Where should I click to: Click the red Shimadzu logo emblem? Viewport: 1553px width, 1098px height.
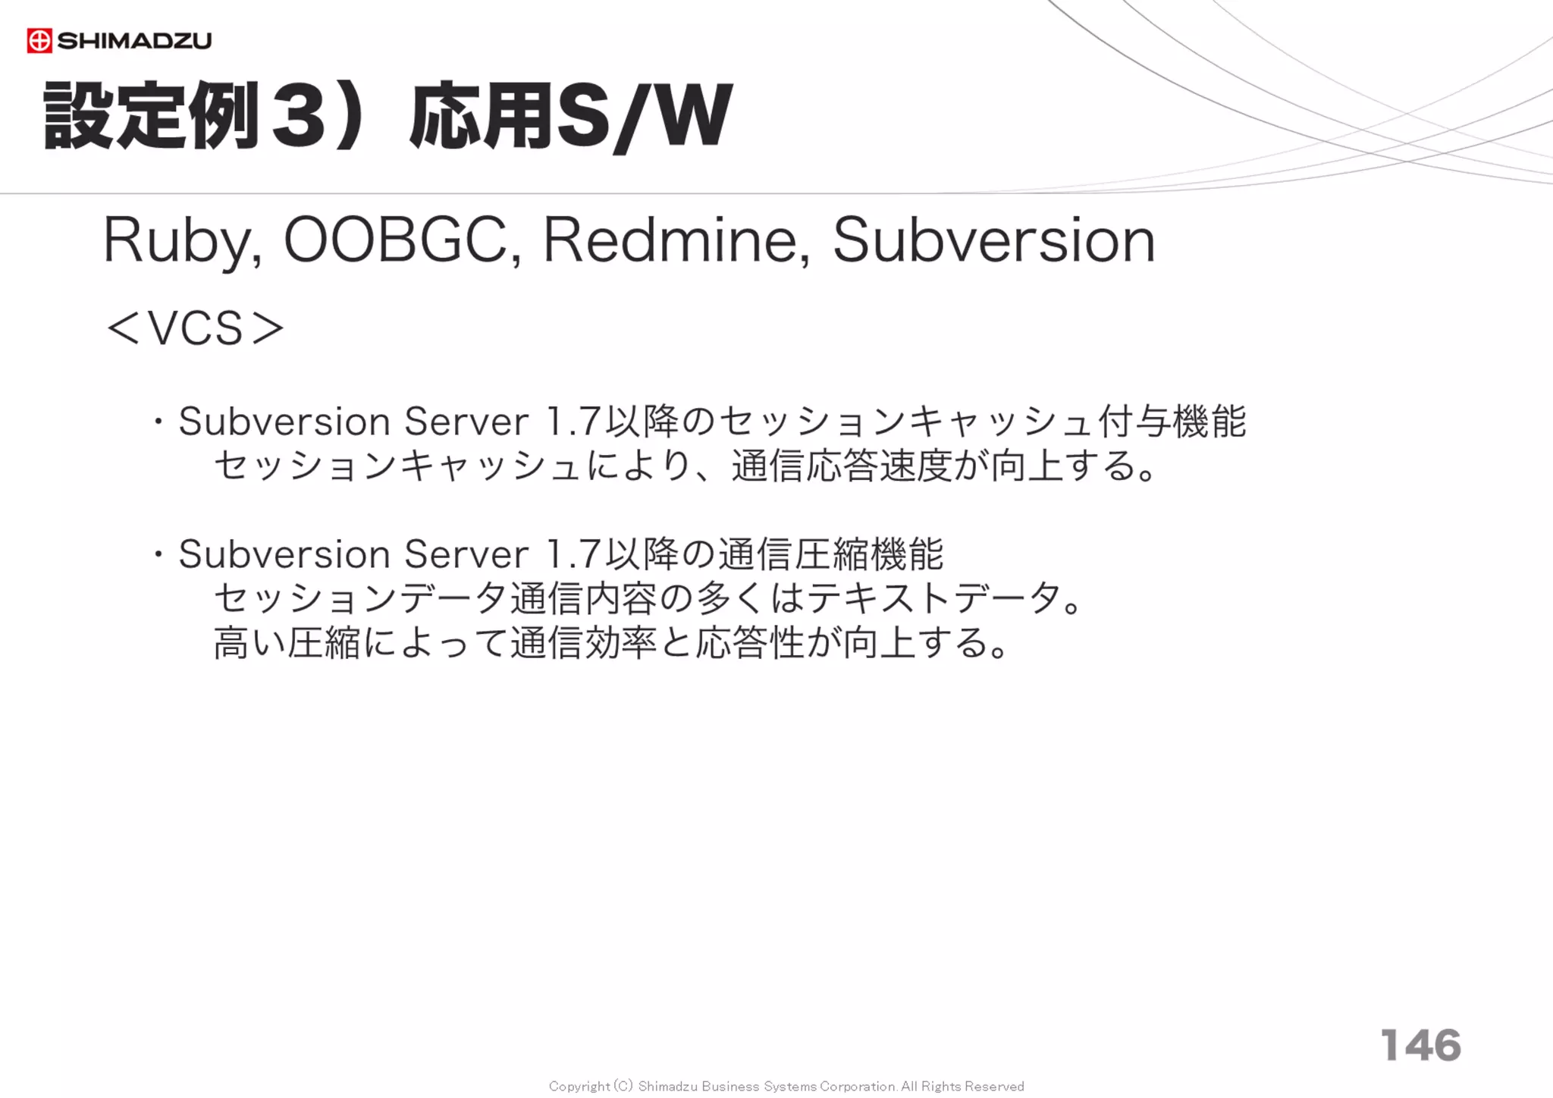tap(39, 41)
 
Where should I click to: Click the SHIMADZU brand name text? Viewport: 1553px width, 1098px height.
tap(134, 41)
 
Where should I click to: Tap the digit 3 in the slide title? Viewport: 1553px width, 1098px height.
tap(299, 117)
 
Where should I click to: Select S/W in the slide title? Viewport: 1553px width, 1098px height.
tap(645, 117)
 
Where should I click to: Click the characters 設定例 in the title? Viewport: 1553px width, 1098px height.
tap(152, 117)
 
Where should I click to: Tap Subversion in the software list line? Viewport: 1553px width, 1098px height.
tap(993, 241)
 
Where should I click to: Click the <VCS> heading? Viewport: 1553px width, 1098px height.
tap(196, 329)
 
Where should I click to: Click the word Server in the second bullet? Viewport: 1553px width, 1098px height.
tap(466, 555)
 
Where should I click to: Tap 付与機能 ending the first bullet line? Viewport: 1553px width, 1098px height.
tap(1172, 422)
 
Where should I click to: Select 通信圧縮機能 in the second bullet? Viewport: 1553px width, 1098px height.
tap(830, 555)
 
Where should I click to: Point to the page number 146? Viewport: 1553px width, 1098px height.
tap(1420, 1046)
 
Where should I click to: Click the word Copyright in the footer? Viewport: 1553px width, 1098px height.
tap(579, 1087)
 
